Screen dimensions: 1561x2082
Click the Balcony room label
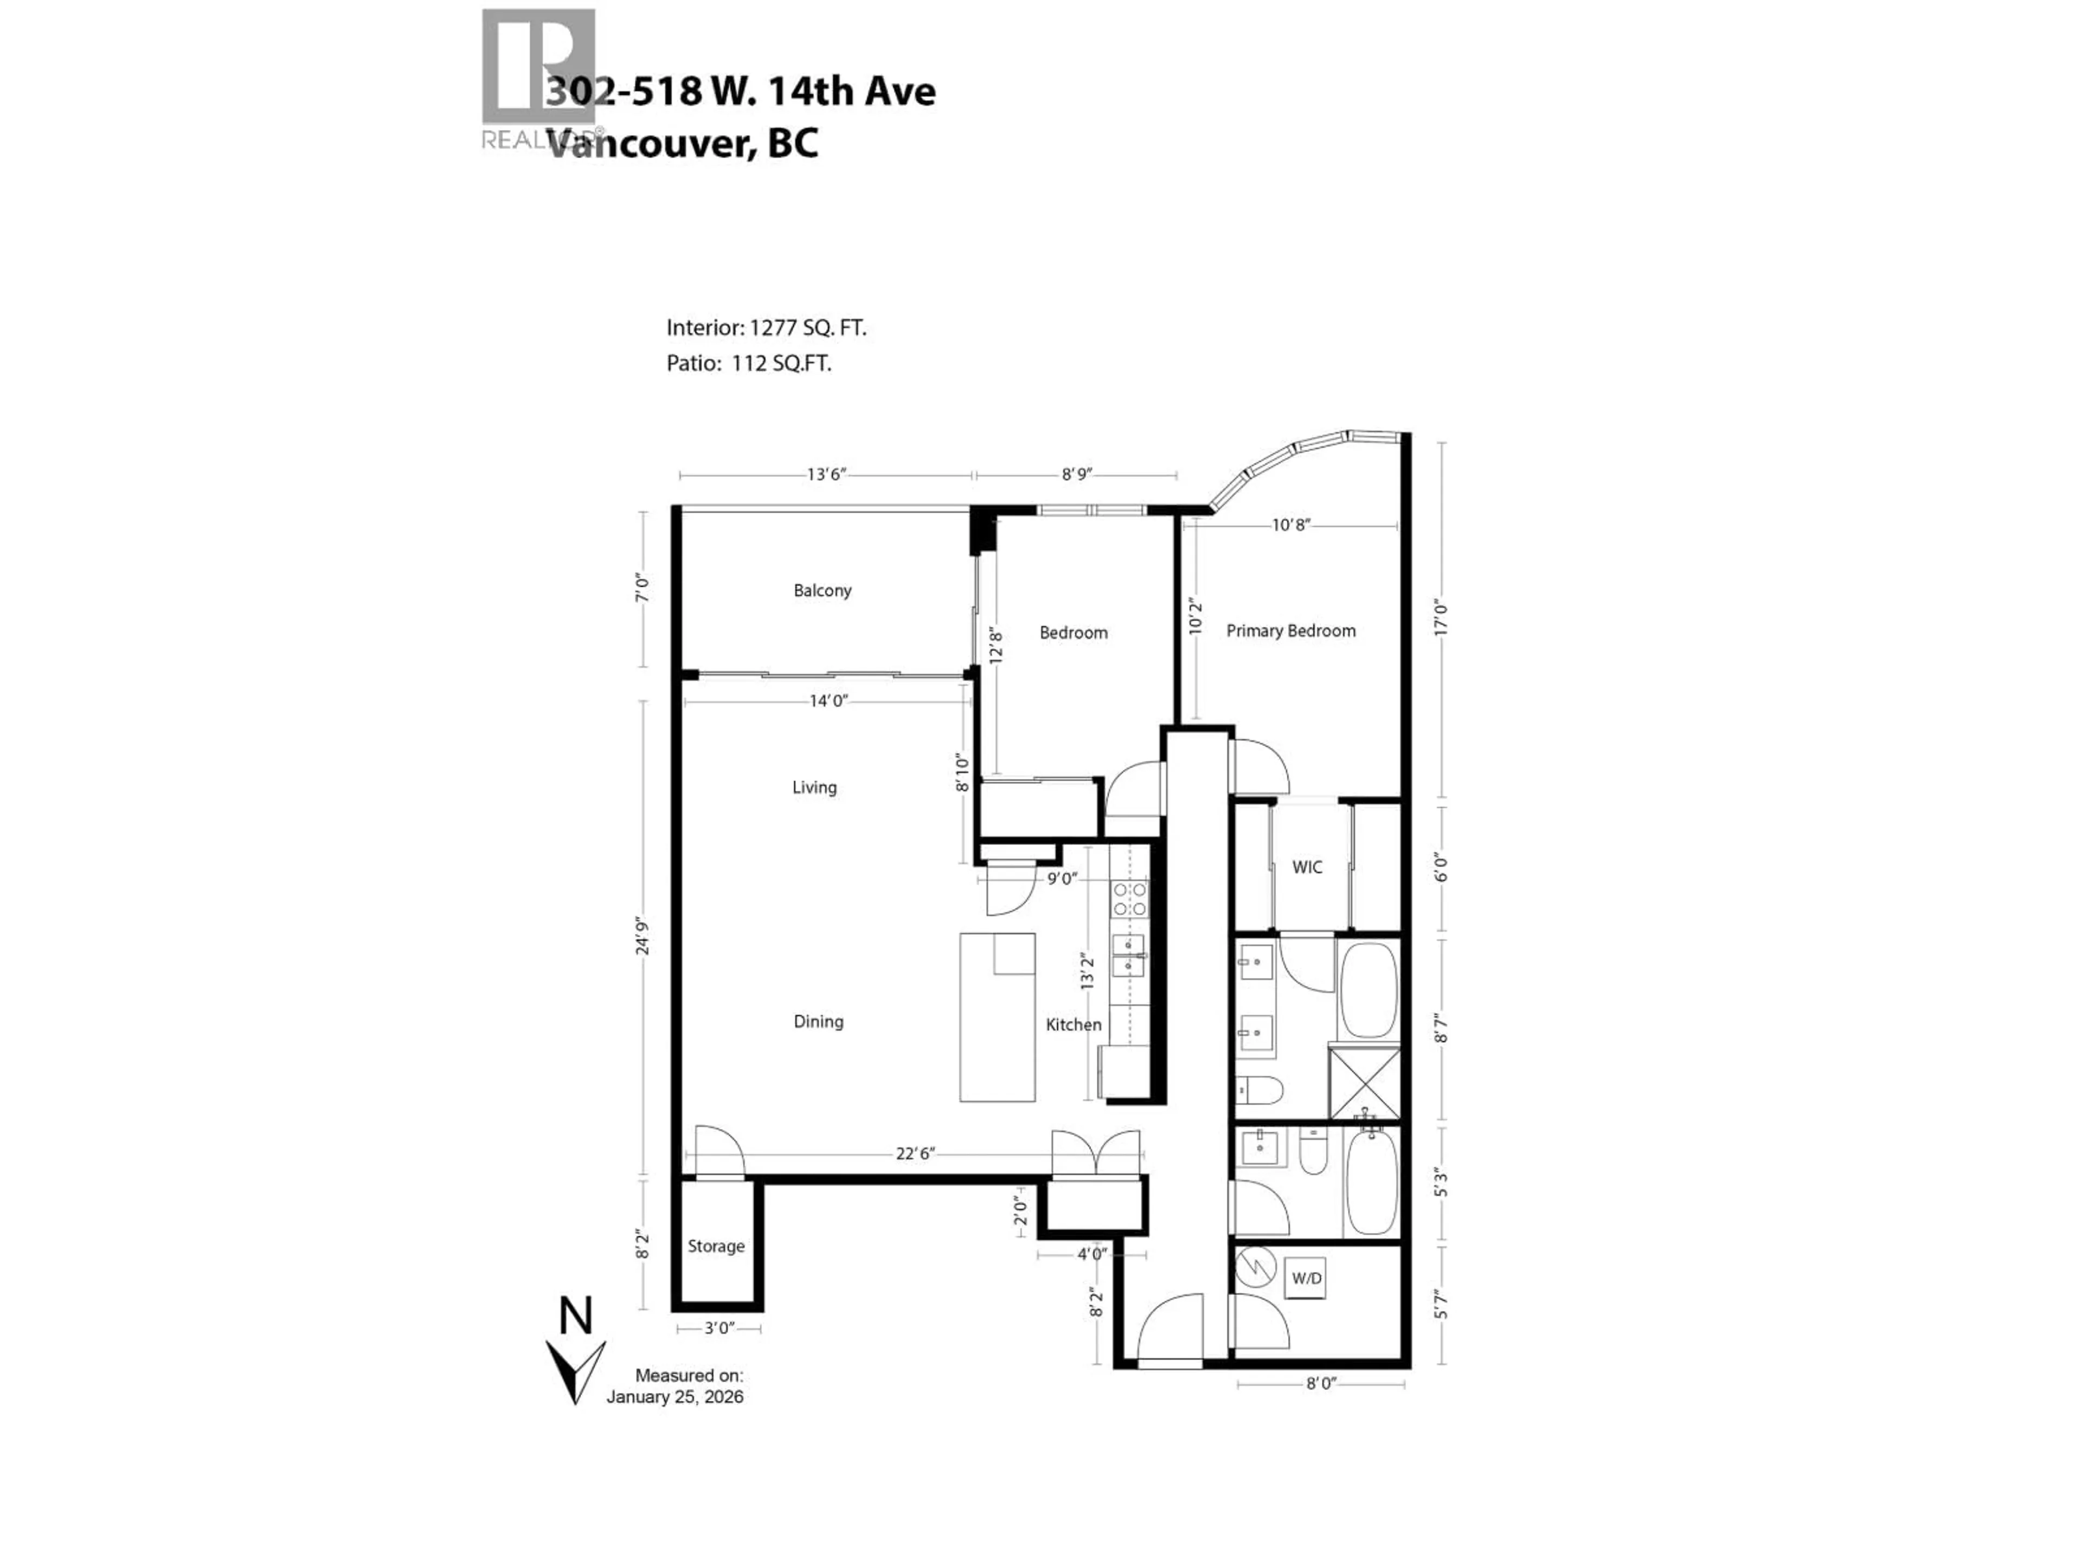coord(822,591)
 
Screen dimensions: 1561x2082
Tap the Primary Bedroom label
coord(1290,631)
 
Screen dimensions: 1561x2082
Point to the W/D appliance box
coord(1306,1279)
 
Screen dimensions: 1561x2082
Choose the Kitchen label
coord(1073,1024)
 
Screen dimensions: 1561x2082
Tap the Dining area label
coord(818,1022)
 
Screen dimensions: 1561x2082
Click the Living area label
coord(814,788)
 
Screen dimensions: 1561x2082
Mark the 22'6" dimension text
coord(914,1153)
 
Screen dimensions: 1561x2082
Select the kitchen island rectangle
coord(997,1018)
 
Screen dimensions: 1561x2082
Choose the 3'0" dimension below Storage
coord(718,1328)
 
